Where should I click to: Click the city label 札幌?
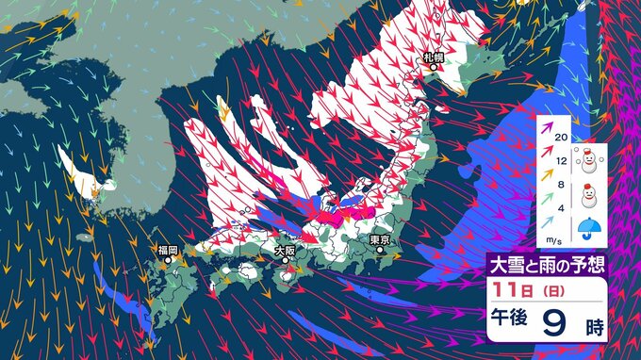tap(433, 58)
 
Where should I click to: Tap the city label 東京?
tap(381, 239)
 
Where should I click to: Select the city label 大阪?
tap(285, 251)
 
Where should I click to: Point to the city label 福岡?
tap(169, 250)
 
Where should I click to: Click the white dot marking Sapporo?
tap(434, 68)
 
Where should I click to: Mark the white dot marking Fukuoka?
tap(169, 259)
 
